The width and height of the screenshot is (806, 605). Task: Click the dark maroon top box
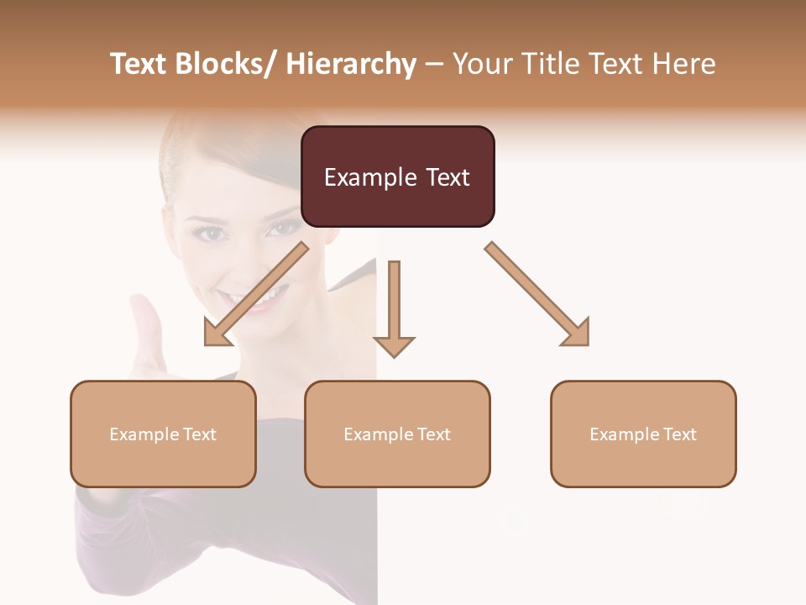tap(397, 176)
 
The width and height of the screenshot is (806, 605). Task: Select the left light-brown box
tap(163, 434)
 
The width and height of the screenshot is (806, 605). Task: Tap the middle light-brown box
tap(397, 434)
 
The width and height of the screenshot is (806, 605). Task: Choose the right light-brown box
tap(643, 434)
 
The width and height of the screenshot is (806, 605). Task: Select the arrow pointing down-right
tap(537, 294)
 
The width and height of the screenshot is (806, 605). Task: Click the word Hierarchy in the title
tap(351, 64)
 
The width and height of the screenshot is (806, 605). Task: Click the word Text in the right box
tap(678, 434)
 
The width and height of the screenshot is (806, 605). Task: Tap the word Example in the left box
tap(139, 434)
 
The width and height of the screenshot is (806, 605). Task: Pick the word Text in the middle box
tap(432, 434)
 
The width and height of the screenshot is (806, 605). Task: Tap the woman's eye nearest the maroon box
tap(284, 228)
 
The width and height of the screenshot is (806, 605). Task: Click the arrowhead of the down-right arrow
tap(577, 334)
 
